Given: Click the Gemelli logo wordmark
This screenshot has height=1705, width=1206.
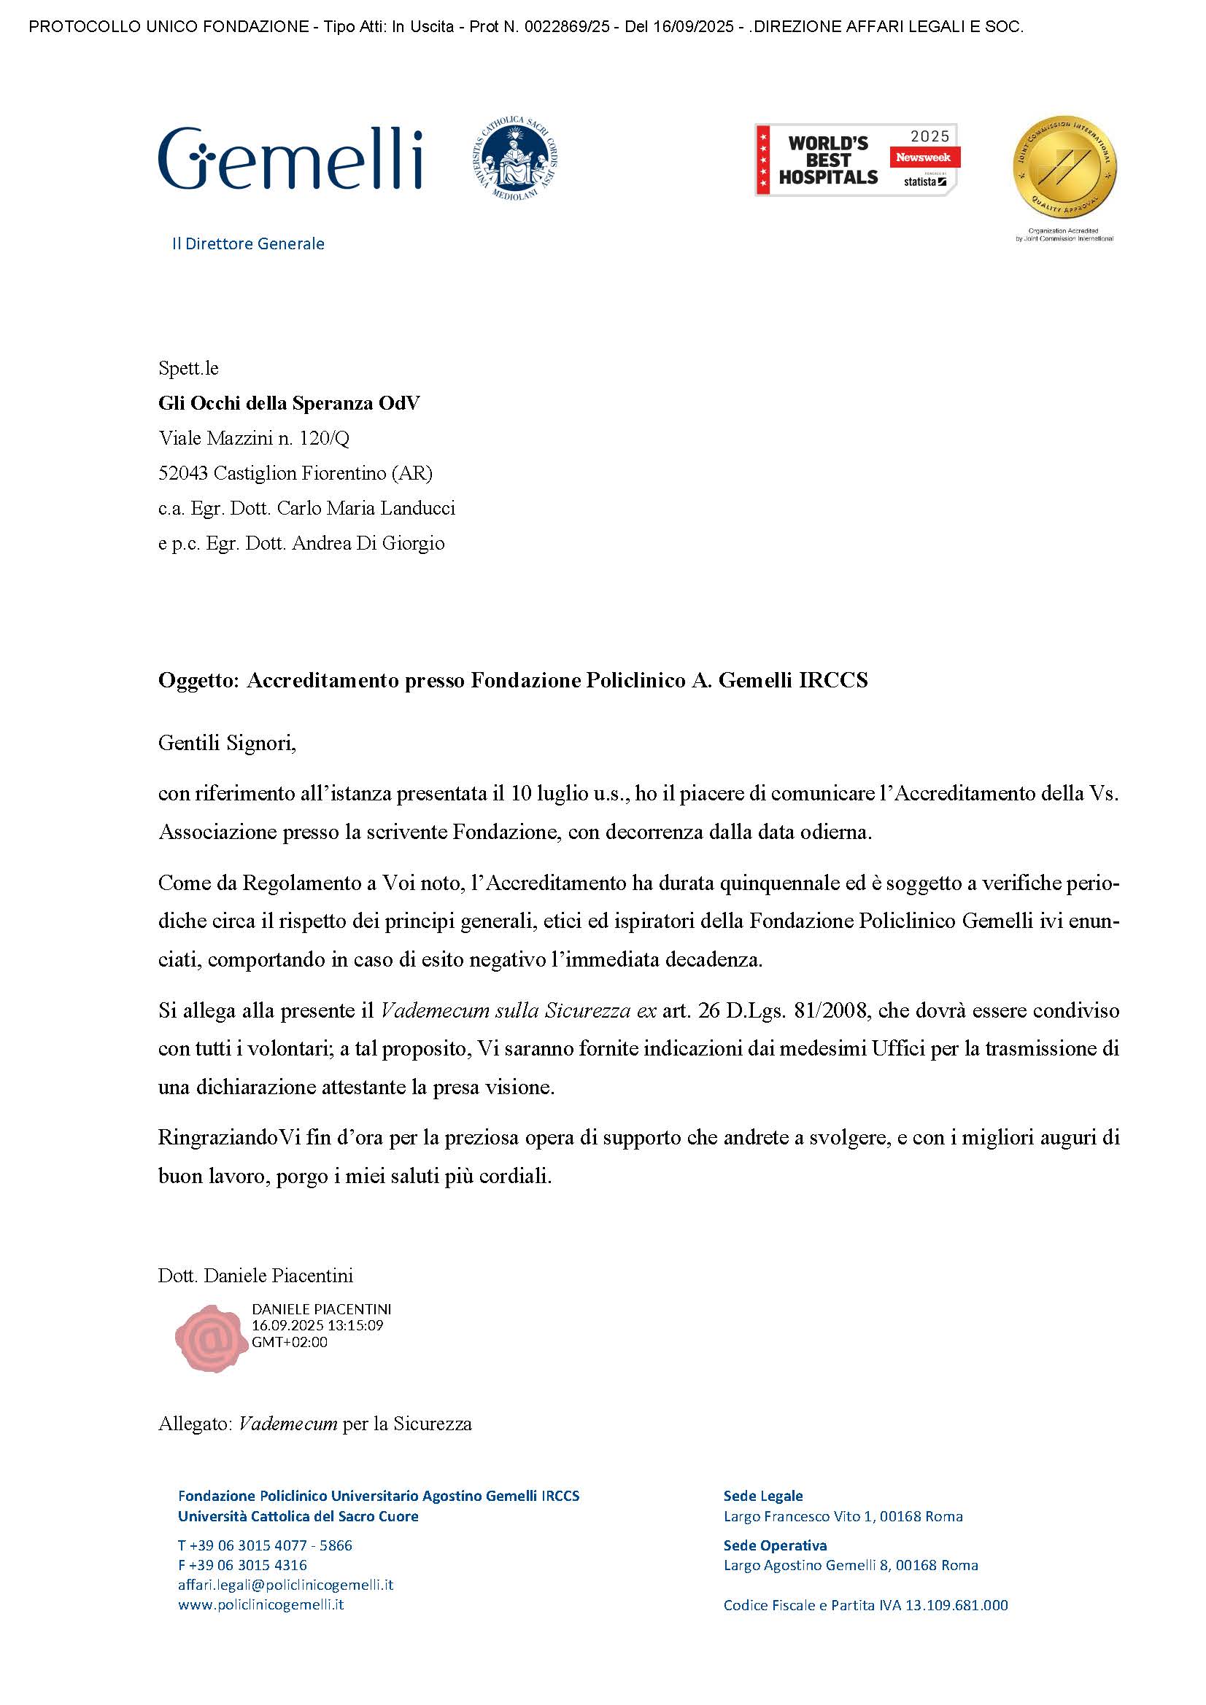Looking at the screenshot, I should [290, 157].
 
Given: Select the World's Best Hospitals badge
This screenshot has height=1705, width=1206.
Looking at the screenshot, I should [856, 160].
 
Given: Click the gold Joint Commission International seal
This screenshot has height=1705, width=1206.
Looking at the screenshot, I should [1064, 168].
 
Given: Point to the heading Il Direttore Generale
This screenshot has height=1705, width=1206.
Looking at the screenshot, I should [248, 243].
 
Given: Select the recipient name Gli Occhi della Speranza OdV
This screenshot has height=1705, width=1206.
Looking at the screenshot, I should [289, 403].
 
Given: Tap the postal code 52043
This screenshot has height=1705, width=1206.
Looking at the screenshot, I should [184, 473].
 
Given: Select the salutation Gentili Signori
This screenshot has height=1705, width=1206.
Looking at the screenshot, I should [227, 743].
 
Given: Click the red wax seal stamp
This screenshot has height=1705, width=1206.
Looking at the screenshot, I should [212, 1338].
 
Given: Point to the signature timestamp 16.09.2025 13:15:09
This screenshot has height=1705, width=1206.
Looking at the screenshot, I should [317, 1324].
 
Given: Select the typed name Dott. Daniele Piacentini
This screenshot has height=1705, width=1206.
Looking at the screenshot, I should [255, 1276].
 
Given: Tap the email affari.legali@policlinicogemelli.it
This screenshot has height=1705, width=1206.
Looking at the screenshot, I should [285, 1585].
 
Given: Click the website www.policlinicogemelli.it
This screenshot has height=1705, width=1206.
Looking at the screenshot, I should [260, 1604].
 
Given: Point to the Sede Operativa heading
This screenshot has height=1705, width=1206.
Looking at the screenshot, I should [775, 1545].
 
